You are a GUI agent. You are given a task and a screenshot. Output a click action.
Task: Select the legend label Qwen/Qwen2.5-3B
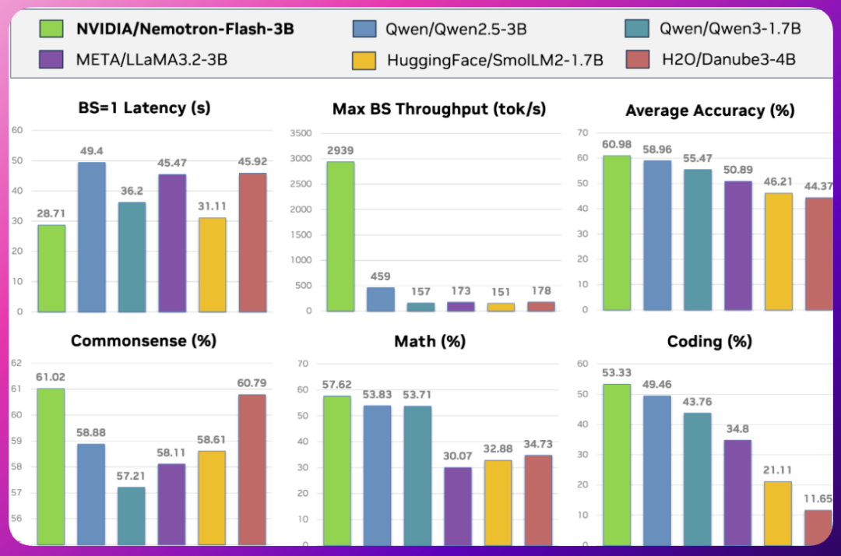click(456, 30)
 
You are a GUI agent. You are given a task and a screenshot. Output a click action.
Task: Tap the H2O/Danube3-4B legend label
click(727, 59)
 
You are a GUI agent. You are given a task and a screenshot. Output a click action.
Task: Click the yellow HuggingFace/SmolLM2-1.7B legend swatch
click(365, 59)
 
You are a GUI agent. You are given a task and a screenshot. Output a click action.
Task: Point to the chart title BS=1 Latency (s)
click(144, 107)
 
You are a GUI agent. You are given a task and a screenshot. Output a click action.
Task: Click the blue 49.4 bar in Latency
click(92, 237)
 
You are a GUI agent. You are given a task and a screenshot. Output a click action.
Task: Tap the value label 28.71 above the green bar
click(51, 214)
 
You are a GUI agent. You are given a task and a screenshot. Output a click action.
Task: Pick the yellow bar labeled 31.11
click(213, 265)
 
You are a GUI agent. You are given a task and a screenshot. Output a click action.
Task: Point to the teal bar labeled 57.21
click(132, 515)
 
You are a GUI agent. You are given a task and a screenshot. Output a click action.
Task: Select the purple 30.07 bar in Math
click(458, 505)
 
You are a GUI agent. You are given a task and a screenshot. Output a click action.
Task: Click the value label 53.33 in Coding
click(616, 372)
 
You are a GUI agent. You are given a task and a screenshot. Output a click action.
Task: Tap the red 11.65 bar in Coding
click(818, 526)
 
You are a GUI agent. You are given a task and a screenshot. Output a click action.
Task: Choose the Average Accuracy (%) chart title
click(709, 111)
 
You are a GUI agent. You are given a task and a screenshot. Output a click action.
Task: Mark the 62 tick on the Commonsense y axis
click(17, 363)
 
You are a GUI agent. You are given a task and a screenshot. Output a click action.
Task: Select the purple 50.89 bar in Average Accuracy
click(737, 245)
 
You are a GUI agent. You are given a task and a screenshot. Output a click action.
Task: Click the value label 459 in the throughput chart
click(380, 276)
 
